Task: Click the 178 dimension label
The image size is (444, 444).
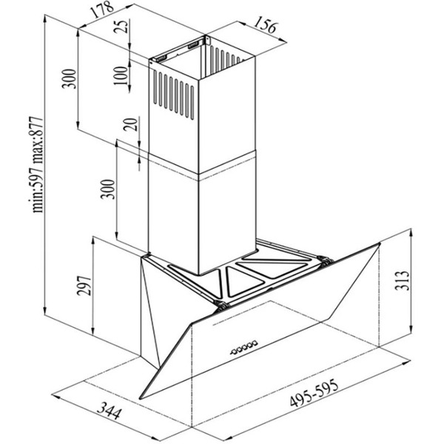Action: (x=101, y=10)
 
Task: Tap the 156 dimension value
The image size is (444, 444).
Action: (x=264, y=24)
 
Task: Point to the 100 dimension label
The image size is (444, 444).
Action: (x=120, y=75)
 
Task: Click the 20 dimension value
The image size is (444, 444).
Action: (x=130, y=124)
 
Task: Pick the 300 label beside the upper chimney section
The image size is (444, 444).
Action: (x=70, y=78)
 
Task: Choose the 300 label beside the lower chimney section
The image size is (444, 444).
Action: (x=108, y=189)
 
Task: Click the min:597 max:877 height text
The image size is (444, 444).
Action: (x=38, y=164)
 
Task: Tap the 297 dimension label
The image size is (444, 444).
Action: (x=84, y=286)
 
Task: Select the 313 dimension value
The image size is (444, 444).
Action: (x=402, y=280)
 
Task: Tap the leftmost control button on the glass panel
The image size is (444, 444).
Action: (x=233, y=352)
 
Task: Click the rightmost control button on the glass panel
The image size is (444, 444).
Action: (x=255, y=343)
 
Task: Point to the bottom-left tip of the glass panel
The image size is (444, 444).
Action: (x=140, y=399)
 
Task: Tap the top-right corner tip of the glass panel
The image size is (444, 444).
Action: (x=379, y=243)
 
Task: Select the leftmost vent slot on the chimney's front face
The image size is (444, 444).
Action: (x=155, y=87)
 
